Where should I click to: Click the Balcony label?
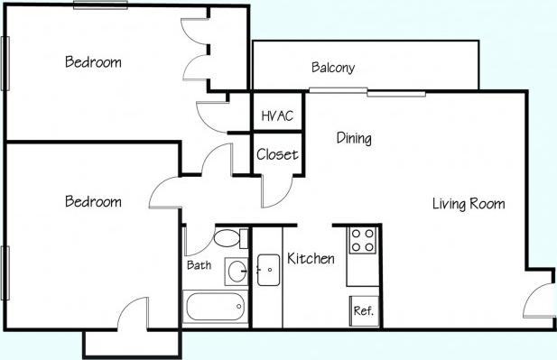click(x=332, y=68)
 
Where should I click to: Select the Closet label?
click(x=276, y=154)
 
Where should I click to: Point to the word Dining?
click(x=354, y=138)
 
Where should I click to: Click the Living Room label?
click(x=468, y=204)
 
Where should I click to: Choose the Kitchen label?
click(x=311, y=259)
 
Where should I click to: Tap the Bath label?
click(x=199, y=265)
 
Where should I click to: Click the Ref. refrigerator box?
click(x=363, y=310)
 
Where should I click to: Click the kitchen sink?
click(x=268, y=270)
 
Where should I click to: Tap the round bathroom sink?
click(x=237, y=270)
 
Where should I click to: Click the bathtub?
click(x=215, y=308)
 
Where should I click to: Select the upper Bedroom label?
click(x=93, y=62)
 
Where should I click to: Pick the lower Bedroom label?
click(x=93, y=201)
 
